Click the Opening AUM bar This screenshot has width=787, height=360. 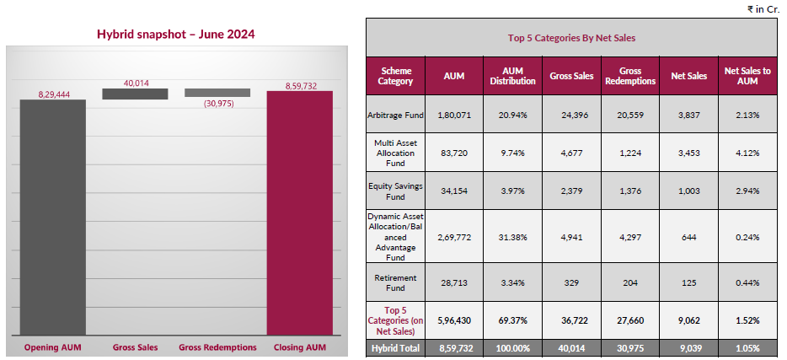click(52, 219)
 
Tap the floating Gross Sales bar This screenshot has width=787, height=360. click(135, 94)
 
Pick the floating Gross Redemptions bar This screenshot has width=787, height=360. click(217, 93)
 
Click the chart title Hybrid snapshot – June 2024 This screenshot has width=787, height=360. click(175, 35)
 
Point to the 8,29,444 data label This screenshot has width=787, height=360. click(52, 94)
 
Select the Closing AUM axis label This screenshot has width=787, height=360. click(300, 347)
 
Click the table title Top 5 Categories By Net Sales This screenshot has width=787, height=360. click(571, 38)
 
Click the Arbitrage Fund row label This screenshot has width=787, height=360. click(396, 115)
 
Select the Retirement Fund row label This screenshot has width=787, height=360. click(396, 282)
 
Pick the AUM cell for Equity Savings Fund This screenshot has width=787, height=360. click(454, 191)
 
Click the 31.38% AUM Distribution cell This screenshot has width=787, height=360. click(512, 238)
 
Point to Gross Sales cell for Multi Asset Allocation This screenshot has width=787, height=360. click(571, 153)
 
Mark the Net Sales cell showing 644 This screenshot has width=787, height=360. click(688, 238)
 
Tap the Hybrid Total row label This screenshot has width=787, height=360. click(396, 347)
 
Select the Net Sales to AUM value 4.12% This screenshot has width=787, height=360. click(747, 153)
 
